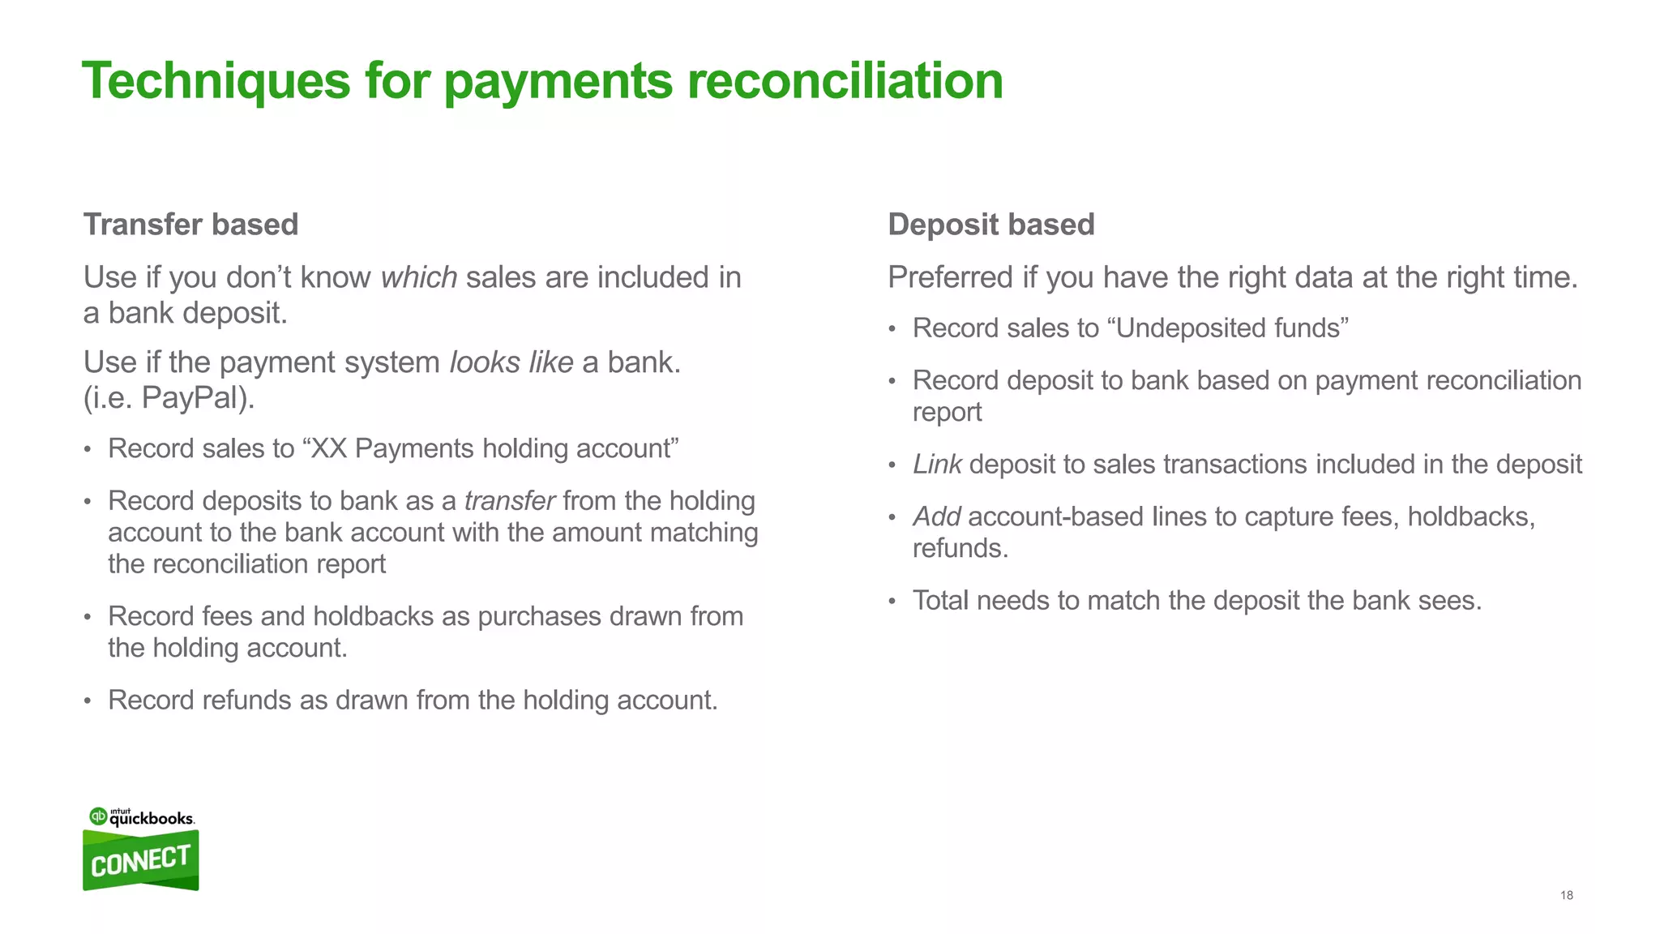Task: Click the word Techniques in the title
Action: [x=216, y=81]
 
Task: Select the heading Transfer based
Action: [x=190, y=225]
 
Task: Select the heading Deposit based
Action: [x=990, y=225]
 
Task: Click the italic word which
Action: [x=419, y=277]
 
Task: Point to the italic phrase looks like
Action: [x=511, y=362]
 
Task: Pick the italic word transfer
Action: [x=509, y=501]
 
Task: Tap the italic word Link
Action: [x=936, y=465]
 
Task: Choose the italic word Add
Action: [x=936, y=516]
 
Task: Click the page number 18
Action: [x=1566, y=895]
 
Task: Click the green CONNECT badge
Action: [x=140, y=861]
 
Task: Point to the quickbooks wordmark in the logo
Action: [x=152, y=819]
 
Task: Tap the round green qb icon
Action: [x=98, y=816]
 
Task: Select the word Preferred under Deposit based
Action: [x=950, y=277]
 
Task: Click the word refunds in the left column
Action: [x=246, y=700]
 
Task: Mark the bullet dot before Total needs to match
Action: [x=892, y=602]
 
